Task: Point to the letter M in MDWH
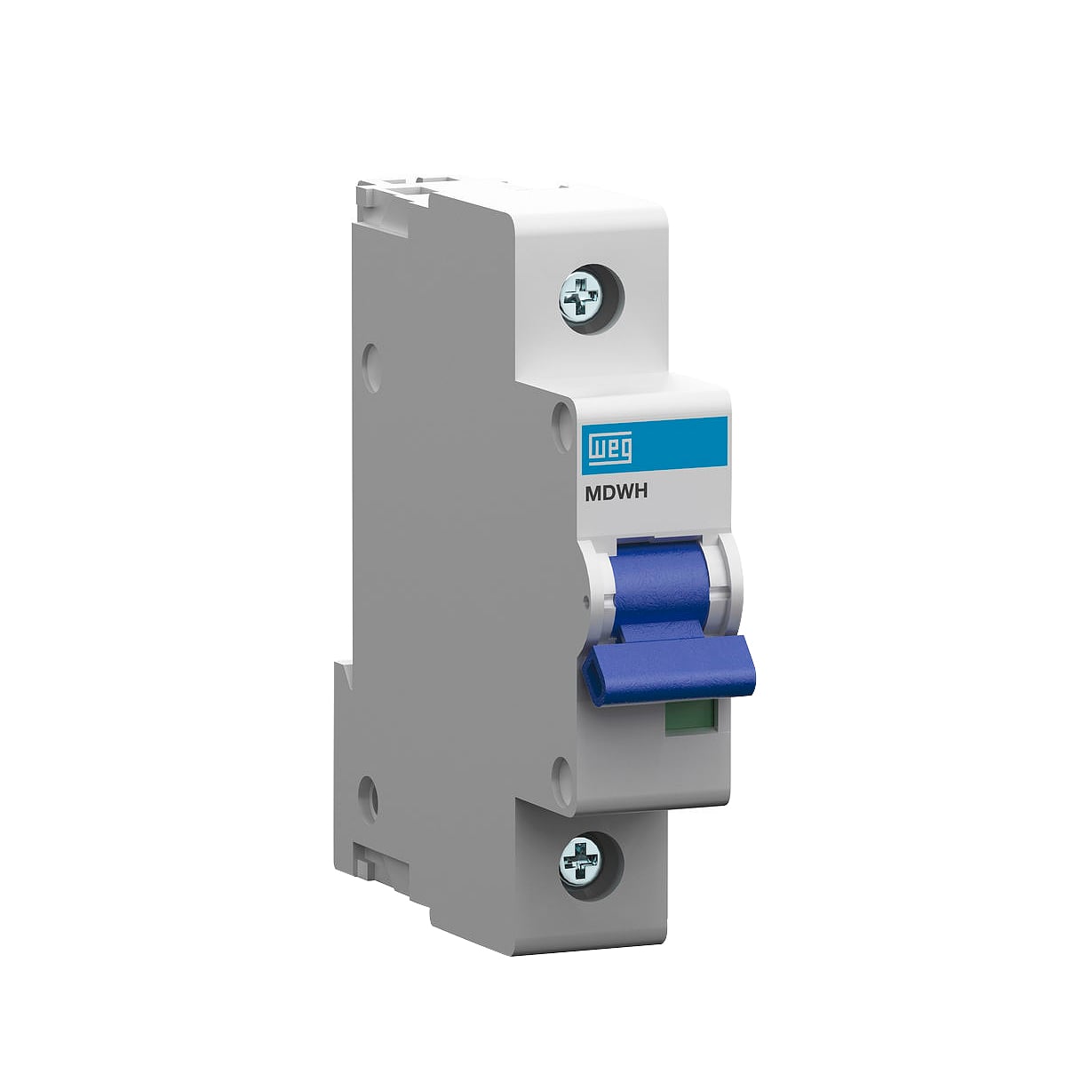pos(593,493)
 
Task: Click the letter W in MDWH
pos(624,493)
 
